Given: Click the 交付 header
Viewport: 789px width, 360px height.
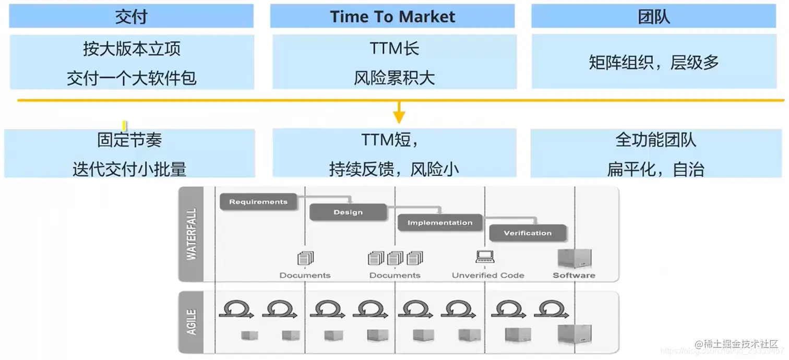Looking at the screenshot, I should [x=131, y=17].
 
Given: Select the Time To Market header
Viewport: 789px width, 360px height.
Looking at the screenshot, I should [x=392, y=17].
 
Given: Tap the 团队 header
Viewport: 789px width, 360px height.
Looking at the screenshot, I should [x=653, y=17].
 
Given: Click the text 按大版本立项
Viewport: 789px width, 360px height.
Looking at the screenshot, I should [x=131, y=49].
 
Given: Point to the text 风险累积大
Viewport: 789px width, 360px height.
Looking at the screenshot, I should [x=394, y=78].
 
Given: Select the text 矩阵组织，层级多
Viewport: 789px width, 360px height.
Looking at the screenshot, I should [x=653, y=63].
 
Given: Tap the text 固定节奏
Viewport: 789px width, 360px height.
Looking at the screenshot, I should [x=129, y=140].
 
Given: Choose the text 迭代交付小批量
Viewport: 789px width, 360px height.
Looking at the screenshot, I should [x=129, y=169].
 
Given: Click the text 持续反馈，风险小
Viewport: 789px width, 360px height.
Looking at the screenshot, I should [x=394, y=169].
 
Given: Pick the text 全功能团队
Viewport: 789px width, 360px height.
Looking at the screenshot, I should [x=655, y=140].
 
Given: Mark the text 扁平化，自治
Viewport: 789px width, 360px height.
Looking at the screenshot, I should [x=655, y=169].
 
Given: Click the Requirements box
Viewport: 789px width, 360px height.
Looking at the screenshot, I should [x=258, y=202].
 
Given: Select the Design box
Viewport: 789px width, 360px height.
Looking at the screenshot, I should [x=348, y=212].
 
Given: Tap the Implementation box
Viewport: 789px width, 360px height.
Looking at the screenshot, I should [x=439, y=223].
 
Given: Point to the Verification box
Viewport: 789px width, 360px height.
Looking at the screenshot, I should [x=528, y=233].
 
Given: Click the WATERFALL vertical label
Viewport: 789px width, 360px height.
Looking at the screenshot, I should [x=191, y=235].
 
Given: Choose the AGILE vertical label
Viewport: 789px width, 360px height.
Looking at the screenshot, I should [x=191, y=322].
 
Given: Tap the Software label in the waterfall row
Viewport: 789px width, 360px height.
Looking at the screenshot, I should [x=573, y=275].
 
